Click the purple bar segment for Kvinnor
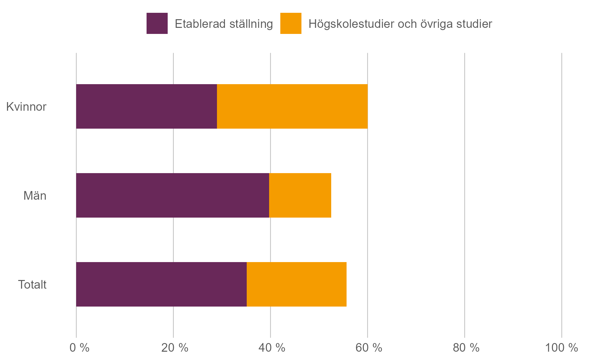click(146, 106)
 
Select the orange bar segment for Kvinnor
click(292, 106)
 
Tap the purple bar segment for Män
click(172, 195)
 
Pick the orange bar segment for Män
click(300, 195)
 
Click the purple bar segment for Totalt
click(161, 284)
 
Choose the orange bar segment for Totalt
click(296, 284)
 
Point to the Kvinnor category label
click(26, 107)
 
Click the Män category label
click(35, 196)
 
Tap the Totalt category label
click(32, 284)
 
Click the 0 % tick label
click(79, 348)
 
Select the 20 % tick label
click(174, 348)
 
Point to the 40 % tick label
click(272, 348)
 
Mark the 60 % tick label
click(369, 348)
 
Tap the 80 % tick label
click(466, 348)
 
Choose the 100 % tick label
click(561, 348)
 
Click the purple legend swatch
click(157, 23)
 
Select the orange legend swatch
click(291, 23)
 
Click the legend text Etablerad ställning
click(224, 24)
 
